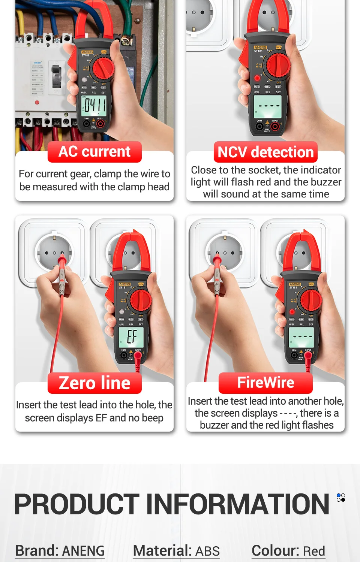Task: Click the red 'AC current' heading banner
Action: [x=94, y=152]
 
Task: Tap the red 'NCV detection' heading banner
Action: [x=265, y=152]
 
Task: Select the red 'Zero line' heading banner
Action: [x=94, y=383]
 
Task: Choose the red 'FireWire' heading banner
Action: [x=265, y=383]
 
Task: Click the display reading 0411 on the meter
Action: [x=94, y=105]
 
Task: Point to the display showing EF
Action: [x=132, y=336]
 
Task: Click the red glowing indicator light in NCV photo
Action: [x=257, y=78]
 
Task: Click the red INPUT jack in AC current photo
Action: [x=100, y=124]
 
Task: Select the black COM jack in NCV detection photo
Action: [x=259, y=126]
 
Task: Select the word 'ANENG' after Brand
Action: [x=83, y=551]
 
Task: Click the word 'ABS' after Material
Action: [x=207, y=551]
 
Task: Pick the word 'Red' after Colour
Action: [x=314, y=551]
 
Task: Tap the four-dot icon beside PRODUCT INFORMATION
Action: [x=340, y=497]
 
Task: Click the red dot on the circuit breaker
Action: [x=37, y=102]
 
